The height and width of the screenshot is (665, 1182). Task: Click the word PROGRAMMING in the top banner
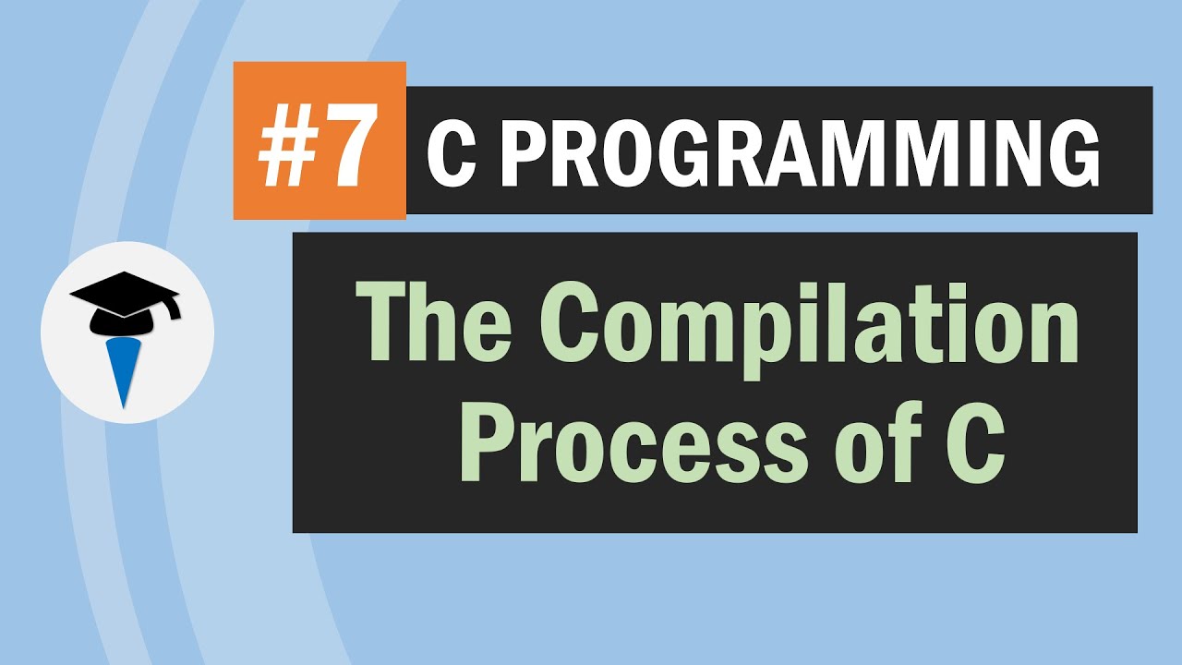pyautogui.click(x=804, y=153)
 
